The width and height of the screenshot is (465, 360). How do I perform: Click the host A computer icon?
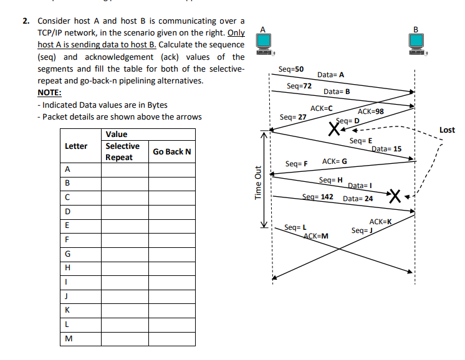click(x=264, y=42)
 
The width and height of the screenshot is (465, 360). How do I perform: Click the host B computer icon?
click(x=416, y=42)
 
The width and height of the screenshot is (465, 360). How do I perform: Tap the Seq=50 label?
click(x=291, y=69)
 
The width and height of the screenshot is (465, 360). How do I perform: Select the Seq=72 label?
click(x=299, y=85)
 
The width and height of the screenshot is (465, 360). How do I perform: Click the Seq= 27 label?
click(x=293, y=117)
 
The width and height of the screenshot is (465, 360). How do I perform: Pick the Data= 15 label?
click(x=386, y=149)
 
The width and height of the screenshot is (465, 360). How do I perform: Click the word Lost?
click(x=447, y=130)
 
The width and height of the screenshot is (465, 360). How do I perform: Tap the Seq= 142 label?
click(x=317, y=197)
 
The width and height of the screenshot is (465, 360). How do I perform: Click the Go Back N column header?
click(x=172, y=152)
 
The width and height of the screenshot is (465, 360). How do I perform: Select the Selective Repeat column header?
click(x=122, y=152)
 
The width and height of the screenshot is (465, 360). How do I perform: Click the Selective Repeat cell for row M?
click(x=125, y=339)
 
